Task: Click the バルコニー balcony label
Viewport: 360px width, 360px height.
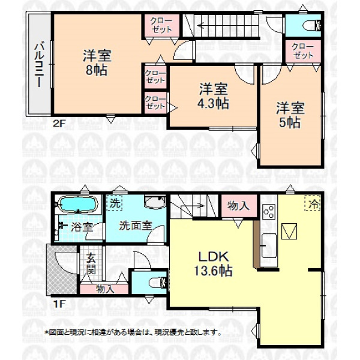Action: [39, 65]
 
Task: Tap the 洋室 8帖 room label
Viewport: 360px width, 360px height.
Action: [97, 62]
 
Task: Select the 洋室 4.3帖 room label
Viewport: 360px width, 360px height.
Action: [213, 96]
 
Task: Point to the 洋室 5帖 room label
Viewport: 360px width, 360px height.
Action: [290, 115]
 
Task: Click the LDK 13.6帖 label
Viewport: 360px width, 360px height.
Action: [214, 263]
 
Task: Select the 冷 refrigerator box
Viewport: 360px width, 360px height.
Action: [313, 203]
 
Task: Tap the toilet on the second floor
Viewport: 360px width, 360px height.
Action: [312, 25]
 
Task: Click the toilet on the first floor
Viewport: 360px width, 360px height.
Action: [158, 282]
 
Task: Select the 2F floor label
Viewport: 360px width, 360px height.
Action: [59, 124]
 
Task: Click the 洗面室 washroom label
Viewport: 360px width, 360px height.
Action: [136, 226]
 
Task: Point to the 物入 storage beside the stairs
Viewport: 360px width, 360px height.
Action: [239, 206]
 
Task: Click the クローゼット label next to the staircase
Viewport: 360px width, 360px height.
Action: [161, 25]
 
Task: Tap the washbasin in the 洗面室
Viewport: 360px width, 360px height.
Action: [155, 202]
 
